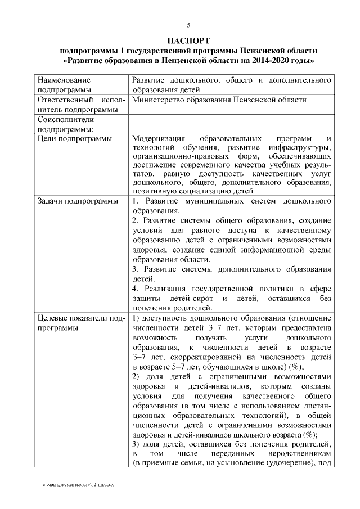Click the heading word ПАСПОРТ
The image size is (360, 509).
(188, 40)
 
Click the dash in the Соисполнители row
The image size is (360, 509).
(133, 120)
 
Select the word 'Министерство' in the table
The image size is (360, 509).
(159, 100)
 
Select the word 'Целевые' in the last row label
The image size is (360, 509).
(53, 319)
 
